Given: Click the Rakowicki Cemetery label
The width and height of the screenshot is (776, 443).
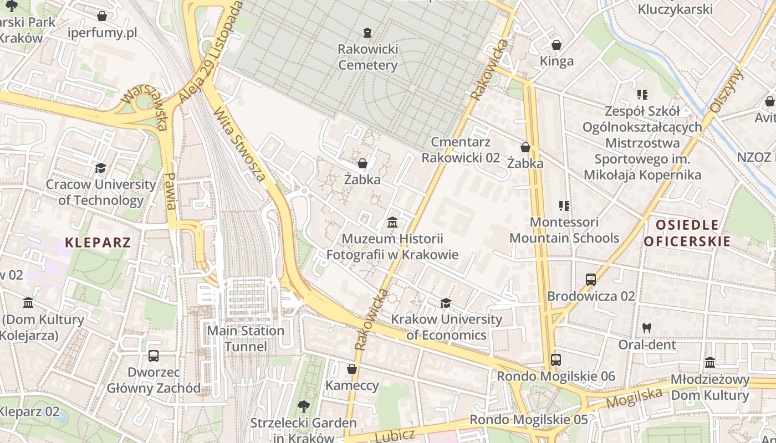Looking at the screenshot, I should [x=367, y=57].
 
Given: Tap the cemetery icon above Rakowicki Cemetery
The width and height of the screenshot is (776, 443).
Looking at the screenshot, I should [x=367, y=33].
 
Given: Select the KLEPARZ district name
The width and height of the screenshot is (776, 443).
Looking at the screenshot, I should [x=98, y=242].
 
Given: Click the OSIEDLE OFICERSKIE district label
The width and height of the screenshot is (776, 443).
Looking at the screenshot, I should [x=687, y=233].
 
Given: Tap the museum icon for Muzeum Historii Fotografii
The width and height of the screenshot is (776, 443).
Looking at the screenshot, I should [x=392, y=223].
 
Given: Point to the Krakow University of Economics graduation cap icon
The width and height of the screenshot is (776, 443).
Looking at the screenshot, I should [x=446, y=303].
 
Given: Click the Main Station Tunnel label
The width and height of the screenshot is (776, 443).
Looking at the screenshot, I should [x=245, y=338].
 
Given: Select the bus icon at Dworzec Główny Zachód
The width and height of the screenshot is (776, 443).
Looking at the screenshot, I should [x=154, y=356].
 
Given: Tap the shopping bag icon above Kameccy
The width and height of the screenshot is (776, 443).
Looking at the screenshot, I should [x=351, y=369].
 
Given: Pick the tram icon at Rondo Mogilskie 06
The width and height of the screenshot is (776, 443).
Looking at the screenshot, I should [x=556, y=360].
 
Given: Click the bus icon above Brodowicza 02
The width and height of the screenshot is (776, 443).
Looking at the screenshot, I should [x=590, y=280].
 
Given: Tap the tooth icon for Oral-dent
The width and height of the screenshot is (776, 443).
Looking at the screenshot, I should [x=646, y=328].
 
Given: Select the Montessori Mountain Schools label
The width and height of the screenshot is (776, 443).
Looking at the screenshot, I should [x=564, y=230].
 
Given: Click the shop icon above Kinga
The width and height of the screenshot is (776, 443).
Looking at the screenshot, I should [x=557, y=44].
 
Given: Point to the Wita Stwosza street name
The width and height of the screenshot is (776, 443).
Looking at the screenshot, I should [x=240, y=144].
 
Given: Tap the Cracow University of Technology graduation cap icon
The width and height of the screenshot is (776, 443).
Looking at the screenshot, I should [x=100, y=168].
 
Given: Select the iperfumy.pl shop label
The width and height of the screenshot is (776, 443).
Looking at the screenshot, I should [x=102, y=33].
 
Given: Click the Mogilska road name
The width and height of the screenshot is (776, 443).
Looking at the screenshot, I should [x=635, y=398].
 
